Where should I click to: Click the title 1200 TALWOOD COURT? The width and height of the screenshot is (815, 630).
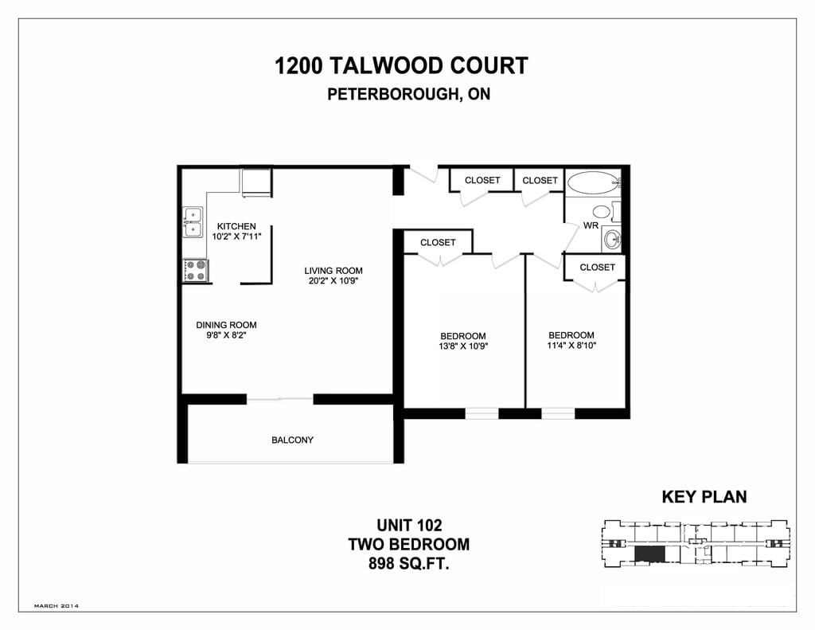click(401, 65)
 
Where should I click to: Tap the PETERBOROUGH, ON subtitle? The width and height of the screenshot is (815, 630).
click(408, 94)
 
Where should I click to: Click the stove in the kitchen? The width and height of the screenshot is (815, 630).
click(195, 270)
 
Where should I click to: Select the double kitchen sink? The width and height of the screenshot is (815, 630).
click(193, 222)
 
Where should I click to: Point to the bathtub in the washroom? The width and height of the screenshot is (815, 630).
click(593, 182)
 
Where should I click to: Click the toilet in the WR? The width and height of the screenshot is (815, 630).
click(602, 213)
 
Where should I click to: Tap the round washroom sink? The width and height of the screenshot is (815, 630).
click(611, 237)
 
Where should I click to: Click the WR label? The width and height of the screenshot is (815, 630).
click(591, 225)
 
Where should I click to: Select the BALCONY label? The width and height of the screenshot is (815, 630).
click(292, 440)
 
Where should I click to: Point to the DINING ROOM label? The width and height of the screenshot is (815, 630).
click(226, 325)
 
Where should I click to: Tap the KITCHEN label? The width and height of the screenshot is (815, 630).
click(236, 226)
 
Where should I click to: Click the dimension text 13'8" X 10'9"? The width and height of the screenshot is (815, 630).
click(462, 346)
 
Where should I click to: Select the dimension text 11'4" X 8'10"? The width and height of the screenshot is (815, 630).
click(571, 346)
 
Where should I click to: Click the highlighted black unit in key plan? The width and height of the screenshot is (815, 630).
click(649, 554)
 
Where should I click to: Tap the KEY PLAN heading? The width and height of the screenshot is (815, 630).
click(704, 497)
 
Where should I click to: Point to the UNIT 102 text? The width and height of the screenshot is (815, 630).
click(408, 526)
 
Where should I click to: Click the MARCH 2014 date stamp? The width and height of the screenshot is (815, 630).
click(56, 606)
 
